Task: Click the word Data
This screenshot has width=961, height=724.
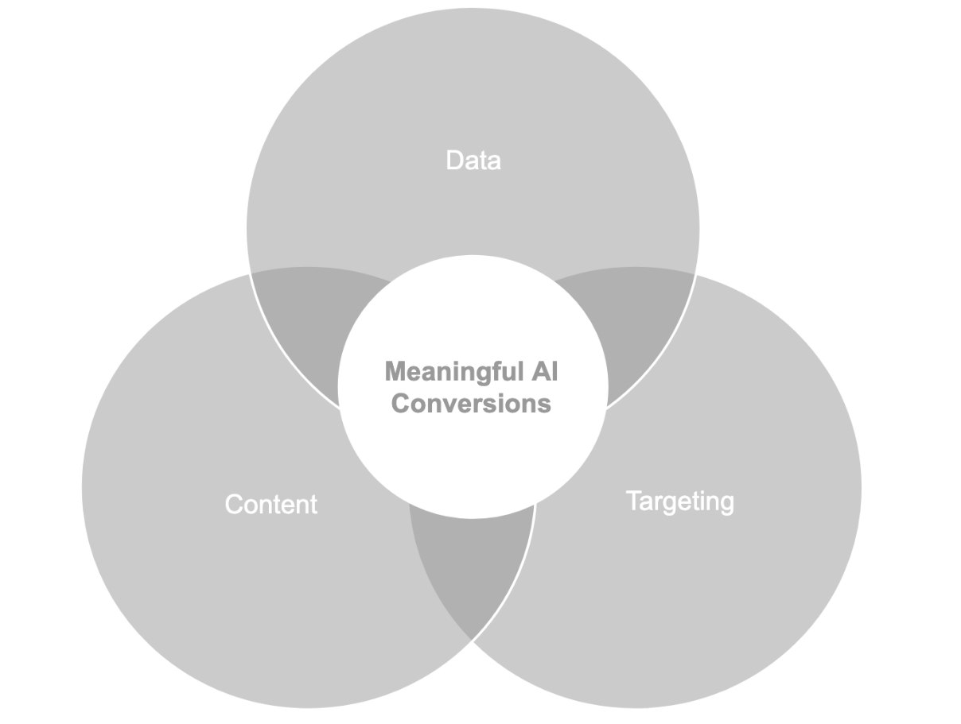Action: [x=473, y=161]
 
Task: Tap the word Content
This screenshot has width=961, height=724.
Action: [x=271, y=505]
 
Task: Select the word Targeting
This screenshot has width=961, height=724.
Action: [x=680, y=501]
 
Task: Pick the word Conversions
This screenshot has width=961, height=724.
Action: [x=472, y=403]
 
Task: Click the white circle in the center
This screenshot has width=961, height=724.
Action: [x=473, y=453]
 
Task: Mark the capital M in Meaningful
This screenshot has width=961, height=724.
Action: [x=395, y=371]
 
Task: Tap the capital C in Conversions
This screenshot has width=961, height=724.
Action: [x=400, y=403]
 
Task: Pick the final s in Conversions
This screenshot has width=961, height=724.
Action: [x=545, y=404]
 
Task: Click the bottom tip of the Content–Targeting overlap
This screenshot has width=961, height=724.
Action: [x=473, y=639]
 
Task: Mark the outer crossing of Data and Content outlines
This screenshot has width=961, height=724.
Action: [x=251, y=273]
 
